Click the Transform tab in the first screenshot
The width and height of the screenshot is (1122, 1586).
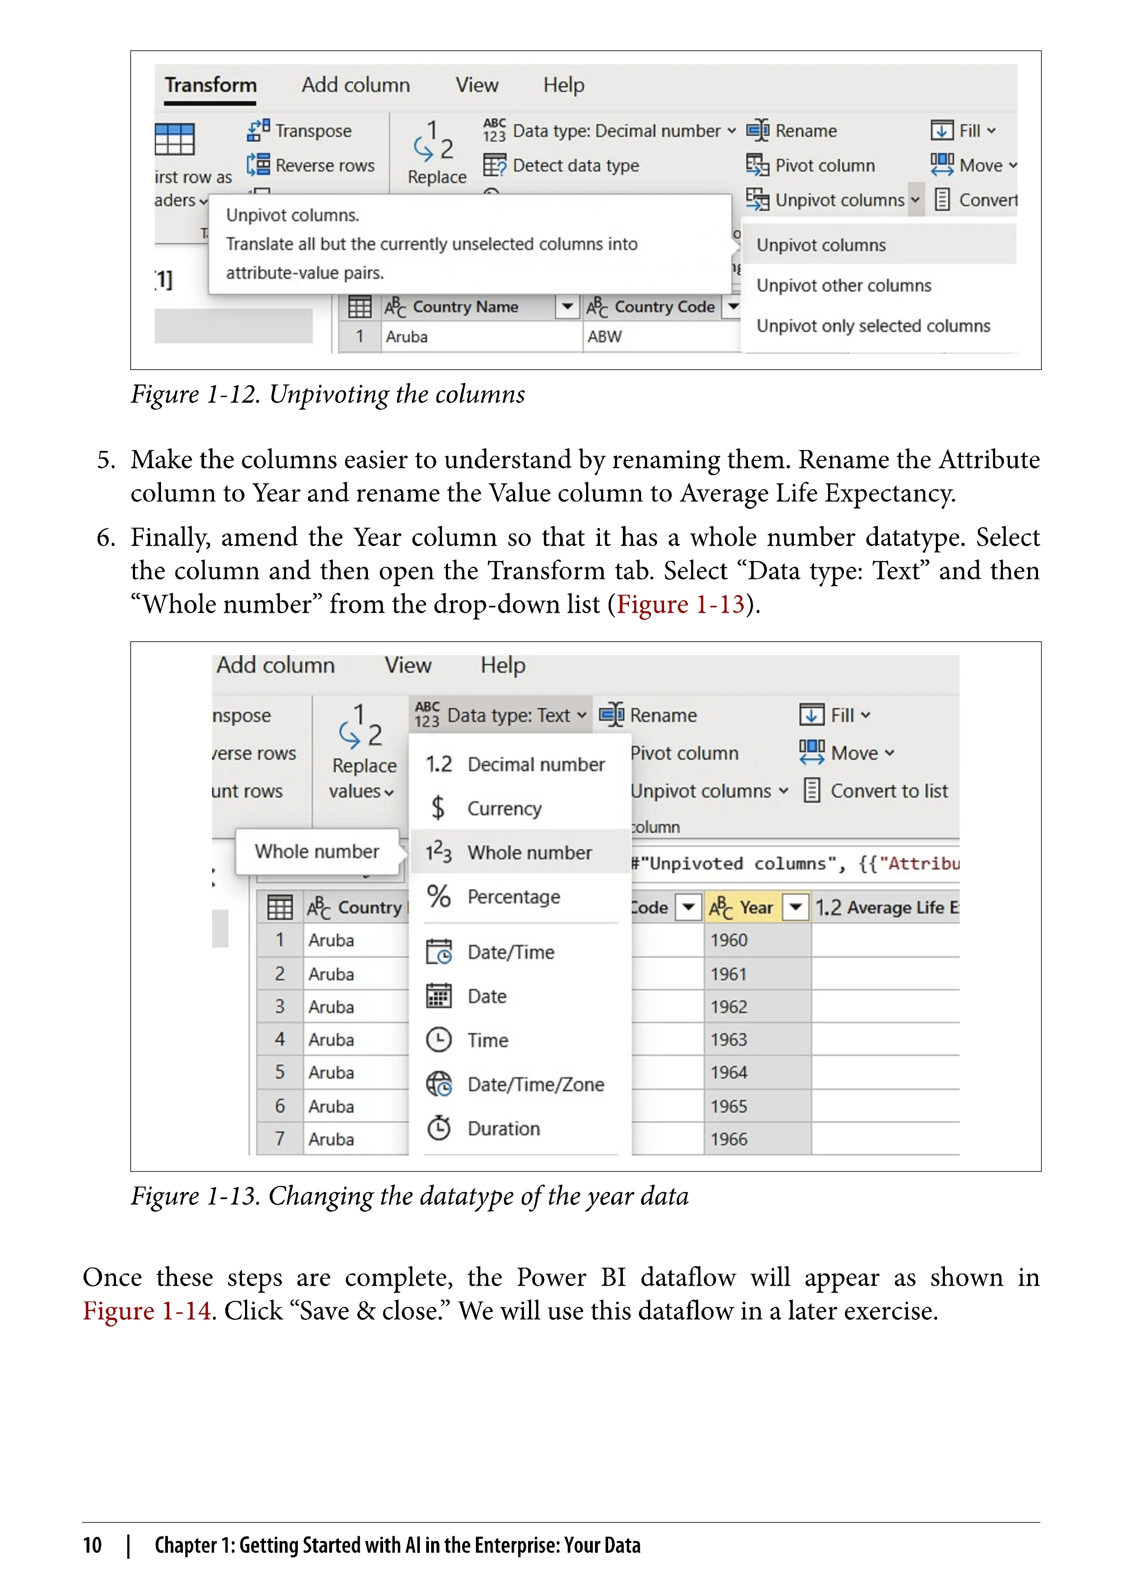point(210,85)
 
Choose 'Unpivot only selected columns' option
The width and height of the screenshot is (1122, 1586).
point(873,325)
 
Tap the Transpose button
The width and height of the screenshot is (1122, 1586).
point(300,131)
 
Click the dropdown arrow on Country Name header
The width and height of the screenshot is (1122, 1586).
point(567,306)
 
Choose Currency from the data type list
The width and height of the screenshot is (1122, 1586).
point(504,808)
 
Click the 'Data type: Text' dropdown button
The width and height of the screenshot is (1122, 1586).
point(500,715)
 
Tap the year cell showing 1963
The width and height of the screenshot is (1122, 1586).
point(729,1039)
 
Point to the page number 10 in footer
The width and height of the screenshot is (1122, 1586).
point(92,1545)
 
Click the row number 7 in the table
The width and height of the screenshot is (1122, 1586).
point(279,1139)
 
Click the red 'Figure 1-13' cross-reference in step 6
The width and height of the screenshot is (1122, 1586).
point(680,605)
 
